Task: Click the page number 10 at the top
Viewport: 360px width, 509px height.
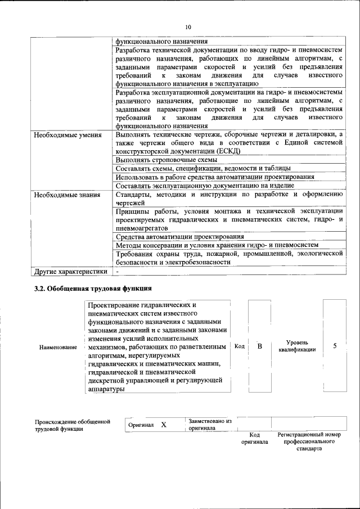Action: click(x=188, y=26)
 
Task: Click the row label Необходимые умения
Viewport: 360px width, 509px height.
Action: click(x=67, y=135)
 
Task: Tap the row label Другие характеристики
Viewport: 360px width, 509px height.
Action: click(x=70, y=272)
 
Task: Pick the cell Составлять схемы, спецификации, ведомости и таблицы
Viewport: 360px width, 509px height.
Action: click(x=203, y=168)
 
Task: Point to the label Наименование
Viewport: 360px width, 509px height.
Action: click(x=58, y=348)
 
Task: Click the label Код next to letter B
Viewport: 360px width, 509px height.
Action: click(x=239, y=346)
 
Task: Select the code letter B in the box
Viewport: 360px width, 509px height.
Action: click(x=260, y=346)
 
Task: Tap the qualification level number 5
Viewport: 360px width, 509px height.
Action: click(x=335, y=346)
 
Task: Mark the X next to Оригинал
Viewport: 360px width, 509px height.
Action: click(x=164, y=425)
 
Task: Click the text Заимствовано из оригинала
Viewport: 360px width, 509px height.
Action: click(x=209, y=424)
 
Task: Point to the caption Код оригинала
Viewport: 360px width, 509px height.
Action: click(x=255, y=439)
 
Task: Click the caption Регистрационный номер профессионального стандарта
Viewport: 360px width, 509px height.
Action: click(x=309, y=442)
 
